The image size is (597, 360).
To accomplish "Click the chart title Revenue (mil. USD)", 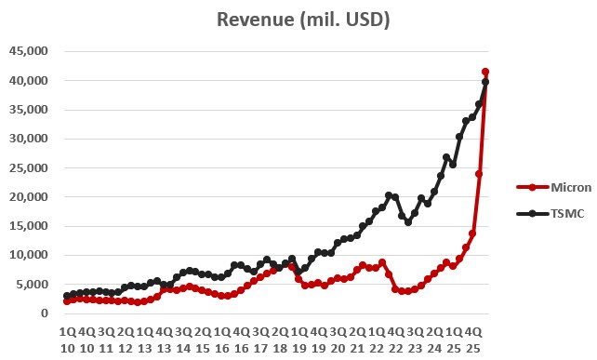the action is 303,20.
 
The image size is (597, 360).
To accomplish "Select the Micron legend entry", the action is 554,187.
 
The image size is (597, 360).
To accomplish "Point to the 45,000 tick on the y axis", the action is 30,51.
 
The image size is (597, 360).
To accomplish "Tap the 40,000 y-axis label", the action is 30,80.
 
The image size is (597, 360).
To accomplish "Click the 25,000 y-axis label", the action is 30,167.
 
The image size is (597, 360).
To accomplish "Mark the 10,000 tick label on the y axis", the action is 30,255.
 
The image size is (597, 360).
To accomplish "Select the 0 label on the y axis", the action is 45,313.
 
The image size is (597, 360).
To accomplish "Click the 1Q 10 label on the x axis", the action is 68,340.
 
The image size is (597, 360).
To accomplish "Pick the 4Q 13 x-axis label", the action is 164,340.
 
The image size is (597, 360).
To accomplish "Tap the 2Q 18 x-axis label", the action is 280,340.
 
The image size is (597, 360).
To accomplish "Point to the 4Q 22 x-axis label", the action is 395,340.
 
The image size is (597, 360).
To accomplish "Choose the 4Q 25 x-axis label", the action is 473,340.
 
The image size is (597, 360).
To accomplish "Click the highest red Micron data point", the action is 485,72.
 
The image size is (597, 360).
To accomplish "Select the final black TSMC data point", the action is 485,82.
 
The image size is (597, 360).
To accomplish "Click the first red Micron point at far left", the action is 67,301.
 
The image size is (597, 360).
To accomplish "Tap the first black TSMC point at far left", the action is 67,296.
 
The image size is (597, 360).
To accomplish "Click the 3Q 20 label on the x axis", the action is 338,340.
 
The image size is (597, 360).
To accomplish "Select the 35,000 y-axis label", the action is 30,110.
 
